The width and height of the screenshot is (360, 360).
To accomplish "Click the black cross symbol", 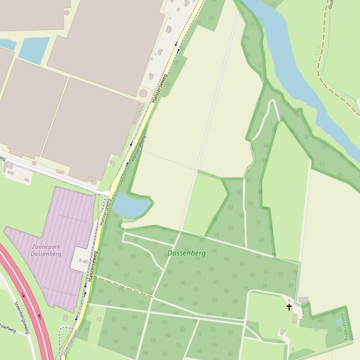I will click(289, 307).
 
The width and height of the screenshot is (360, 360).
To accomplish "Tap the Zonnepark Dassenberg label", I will click(46, 250).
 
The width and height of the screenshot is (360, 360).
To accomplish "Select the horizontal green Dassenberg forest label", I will click(186, 253).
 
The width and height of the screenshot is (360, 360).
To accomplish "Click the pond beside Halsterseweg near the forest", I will click(131, 205).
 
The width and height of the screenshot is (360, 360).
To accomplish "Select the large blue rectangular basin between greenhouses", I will click(33, 50).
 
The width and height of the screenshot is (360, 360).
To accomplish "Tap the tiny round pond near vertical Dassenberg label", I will click(339, 322).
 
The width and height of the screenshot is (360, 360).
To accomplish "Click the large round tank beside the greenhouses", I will click(143, 93).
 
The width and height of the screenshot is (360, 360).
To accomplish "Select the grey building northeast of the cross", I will click(303, 300).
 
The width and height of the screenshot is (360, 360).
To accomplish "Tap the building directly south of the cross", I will click(294, 318).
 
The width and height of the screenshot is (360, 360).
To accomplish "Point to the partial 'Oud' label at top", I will click(331, 4).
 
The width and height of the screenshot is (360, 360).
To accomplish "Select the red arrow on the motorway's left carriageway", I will click(23, 295).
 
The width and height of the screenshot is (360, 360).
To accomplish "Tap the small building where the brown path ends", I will click(153, 288).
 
